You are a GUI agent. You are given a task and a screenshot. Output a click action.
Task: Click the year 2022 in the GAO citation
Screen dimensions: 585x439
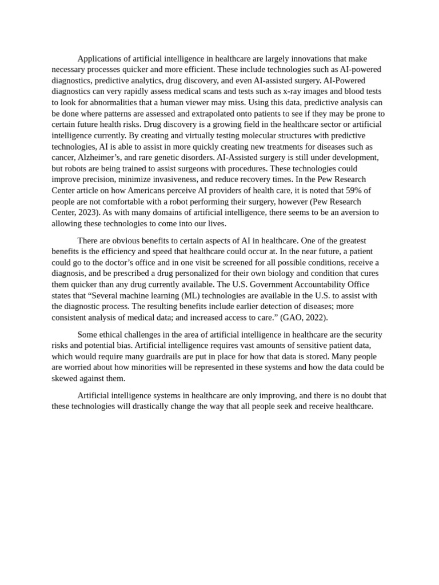314,317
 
